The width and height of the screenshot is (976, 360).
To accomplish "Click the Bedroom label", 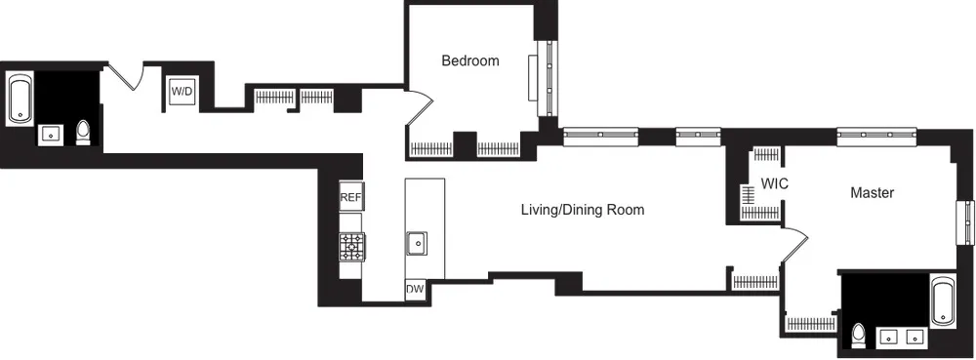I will tap(469, 60).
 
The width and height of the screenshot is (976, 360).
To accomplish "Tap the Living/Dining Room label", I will tap(582, 210).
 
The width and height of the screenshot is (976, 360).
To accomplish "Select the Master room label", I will tap(872, 193).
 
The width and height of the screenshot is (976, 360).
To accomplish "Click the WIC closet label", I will tap(774, 183).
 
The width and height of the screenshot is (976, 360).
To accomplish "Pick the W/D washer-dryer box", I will tap(183, 92).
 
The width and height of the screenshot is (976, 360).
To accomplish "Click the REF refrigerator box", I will tap(350, 197).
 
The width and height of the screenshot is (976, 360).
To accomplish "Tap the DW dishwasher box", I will tap(416, 291).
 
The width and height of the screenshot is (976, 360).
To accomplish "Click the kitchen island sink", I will tap(417, 241).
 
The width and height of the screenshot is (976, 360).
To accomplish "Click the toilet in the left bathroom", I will tap(84, 133).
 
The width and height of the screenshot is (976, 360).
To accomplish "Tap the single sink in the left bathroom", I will tap(50, 135).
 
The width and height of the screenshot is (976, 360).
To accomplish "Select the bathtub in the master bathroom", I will tap(944, 302).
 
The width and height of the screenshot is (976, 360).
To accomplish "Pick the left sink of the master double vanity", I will tap(890, 338).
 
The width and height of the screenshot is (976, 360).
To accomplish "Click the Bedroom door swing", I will tap(418, 109).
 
